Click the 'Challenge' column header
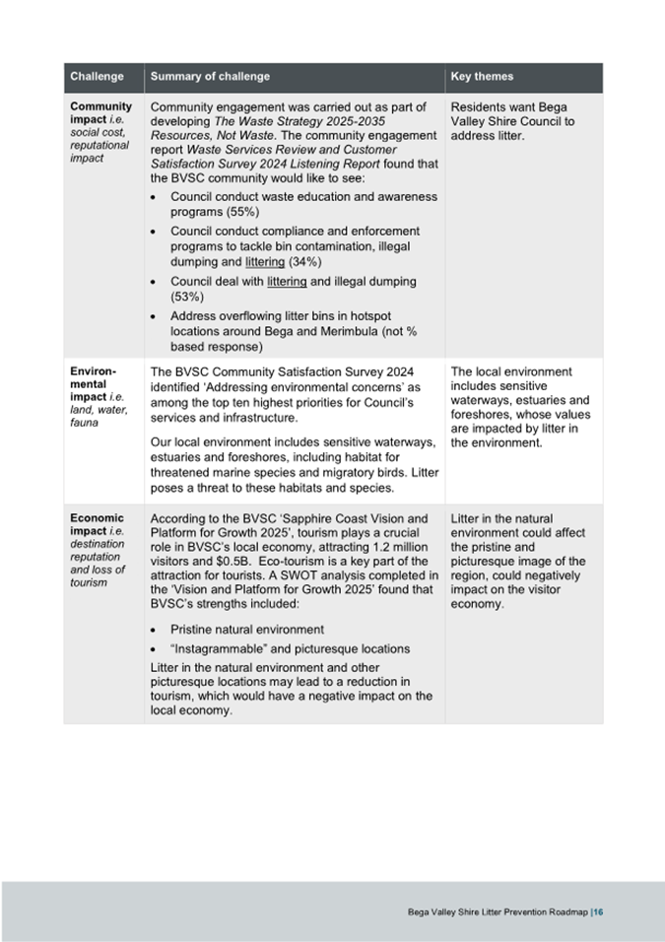(97, 77)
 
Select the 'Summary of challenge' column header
(210, 77)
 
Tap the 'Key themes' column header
(482, 77)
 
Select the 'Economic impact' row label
(97, 524)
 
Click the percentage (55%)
(241, 212)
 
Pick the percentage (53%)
(187, 296)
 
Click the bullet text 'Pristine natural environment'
(247, 629)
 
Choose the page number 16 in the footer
(598, 911)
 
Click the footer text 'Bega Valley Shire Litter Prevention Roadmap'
(497, 911)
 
